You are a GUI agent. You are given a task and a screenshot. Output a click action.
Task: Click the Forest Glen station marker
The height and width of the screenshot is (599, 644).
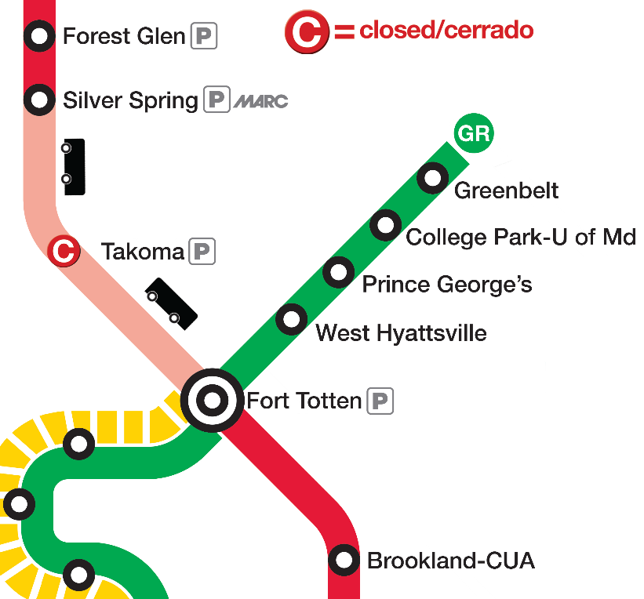[x=39, y=35]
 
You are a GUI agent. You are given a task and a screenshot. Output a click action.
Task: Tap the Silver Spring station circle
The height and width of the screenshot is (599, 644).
[x=39, y=100]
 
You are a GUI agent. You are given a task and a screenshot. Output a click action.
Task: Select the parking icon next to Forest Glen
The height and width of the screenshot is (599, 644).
[x=205, y=36]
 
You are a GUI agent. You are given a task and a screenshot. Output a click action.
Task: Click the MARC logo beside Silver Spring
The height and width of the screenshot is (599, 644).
[x=261, y=101]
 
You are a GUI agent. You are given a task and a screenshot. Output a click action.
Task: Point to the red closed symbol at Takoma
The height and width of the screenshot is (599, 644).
[x=64, y=251]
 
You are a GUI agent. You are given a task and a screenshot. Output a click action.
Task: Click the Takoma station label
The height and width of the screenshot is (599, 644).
[x=142, y=252]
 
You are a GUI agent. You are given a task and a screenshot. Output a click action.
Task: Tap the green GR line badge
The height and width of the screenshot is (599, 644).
[x=475, y=133]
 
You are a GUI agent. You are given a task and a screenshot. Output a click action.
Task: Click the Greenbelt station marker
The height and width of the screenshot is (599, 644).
[x=432, y=179]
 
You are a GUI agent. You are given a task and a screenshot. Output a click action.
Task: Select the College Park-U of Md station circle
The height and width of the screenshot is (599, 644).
[x=385, y=225]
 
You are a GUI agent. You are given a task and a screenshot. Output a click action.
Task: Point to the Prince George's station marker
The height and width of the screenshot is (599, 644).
[x=338, y=272]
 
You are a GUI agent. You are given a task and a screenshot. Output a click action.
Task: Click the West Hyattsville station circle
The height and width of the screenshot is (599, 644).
[x=291, y=319]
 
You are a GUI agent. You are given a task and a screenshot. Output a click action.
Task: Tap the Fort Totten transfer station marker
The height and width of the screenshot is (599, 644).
[x=212, y=401]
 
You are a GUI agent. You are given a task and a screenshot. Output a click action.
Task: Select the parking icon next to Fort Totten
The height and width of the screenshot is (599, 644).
[x=380, y=401]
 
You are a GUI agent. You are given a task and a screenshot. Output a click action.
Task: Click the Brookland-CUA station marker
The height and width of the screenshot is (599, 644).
[x=343, y=560]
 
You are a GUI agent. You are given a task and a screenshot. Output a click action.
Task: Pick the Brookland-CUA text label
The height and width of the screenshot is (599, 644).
[x=450, y=561]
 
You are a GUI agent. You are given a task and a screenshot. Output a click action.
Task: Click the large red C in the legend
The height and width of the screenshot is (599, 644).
[x=306, y=32]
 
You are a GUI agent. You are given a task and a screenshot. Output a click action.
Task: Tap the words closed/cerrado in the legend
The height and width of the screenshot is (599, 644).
[x=446, y=31]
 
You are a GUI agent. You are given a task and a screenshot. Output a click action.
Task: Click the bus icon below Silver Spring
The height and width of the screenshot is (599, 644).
[x=74, y=167]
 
